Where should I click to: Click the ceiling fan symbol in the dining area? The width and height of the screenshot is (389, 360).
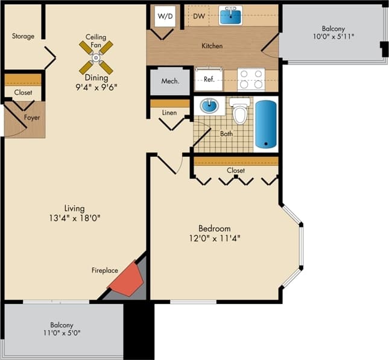[96, 57]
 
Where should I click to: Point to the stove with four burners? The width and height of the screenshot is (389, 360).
[251, 79]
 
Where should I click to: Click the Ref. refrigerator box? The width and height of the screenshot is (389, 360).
[209, 79]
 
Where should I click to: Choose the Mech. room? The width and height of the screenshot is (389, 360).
[169, 81]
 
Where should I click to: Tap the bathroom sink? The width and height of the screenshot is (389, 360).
[210, 107]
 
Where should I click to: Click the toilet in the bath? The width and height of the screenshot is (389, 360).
[240, 112]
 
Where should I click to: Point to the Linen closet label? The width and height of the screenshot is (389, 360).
[170, 113]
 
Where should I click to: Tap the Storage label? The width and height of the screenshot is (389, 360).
[23, 36]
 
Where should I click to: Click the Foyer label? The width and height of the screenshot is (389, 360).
[32, 118]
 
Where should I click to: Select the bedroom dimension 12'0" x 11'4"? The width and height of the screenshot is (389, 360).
[215, 238]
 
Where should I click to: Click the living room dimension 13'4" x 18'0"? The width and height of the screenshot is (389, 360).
[74, 218]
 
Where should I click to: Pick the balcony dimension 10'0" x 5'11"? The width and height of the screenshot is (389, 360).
[333, 37]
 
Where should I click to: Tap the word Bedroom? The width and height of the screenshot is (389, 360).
[215, 229]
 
